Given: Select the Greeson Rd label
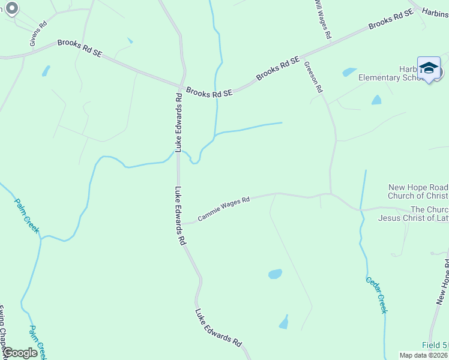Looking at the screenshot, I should coord(313,77).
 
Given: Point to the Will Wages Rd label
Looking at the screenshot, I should coord(322,19).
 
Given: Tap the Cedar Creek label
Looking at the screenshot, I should coord(376,295).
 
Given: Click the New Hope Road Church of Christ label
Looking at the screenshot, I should coord(418,191).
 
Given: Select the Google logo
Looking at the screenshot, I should coord(20,353).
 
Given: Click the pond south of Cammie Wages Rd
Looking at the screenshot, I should coord(275,274).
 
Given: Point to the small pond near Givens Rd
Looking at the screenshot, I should coord(46,71).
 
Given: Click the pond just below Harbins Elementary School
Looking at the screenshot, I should coord(376,100).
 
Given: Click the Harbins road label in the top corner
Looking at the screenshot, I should coord(435,11).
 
